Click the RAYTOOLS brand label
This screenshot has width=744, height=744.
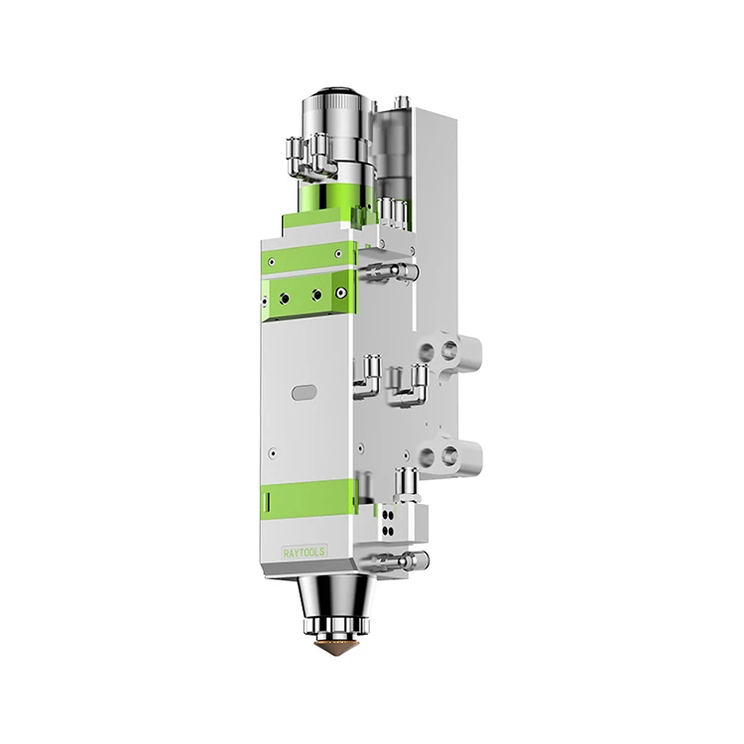[305, 553]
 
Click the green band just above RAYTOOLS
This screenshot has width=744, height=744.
[309, 497]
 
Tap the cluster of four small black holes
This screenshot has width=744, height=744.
[388, 522]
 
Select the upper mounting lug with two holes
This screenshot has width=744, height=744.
[448, 351]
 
